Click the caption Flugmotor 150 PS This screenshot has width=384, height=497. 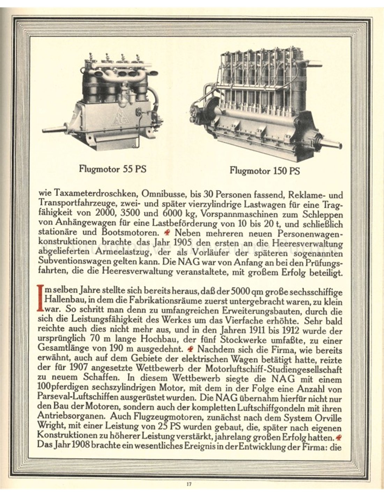point(265,171)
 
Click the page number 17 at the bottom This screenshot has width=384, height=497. point(189,484)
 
